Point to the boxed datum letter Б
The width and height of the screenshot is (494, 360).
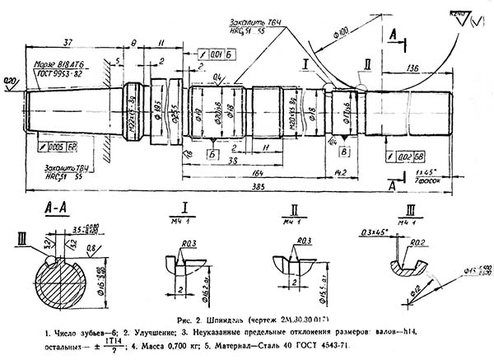click(x=212, y=152)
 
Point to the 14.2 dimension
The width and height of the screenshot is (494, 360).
click(x=340, y=171)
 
